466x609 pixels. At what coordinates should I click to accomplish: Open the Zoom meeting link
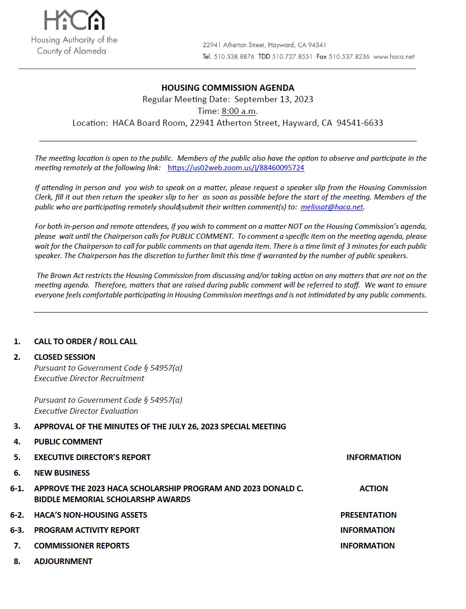[x=236, y=168]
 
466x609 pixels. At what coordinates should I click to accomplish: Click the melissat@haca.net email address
[x=332, y=207]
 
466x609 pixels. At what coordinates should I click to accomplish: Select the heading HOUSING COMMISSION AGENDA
[x=228, y=88]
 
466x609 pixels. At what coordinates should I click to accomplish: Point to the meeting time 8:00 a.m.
[x=239, y=111]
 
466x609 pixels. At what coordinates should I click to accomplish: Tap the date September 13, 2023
[x=273, y=99]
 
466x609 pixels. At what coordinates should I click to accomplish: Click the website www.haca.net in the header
[x=394, y=57]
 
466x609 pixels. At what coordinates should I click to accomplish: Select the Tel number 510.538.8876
[x=234, y=57]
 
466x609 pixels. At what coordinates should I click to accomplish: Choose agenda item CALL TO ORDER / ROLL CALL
[x=85, y=341]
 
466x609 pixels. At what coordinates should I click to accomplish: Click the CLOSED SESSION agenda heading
[x=64, y=357]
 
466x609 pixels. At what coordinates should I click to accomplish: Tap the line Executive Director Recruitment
[x=89, y=378]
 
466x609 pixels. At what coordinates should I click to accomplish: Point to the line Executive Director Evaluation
[x=86, y=411]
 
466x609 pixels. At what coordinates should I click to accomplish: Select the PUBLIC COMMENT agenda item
[x=68, y=442]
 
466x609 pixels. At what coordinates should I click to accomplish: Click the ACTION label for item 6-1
[x=373, y=488]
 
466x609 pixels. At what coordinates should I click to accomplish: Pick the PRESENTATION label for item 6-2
[x=368, y=515]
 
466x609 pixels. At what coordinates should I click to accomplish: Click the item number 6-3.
[x=17, y=530]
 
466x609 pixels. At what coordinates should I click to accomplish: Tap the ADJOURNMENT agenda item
[x=63, y=561]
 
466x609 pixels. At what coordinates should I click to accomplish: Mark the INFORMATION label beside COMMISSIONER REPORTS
[x=367, y=546]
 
